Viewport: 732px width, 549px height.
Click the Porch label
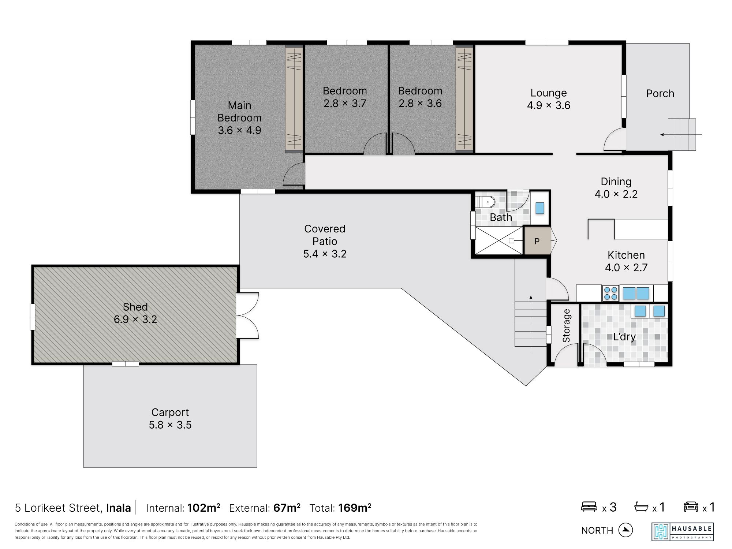pos(660,94)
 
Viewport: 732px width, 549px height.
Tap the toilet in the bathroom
pos(485,202)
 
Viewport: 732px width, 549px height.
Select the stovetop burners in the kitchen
pos(610,293)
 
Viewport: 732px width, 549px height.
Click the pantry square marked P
pos(537,241)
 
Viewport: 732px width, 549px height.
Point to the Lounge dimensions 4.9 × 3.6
pos(549,105)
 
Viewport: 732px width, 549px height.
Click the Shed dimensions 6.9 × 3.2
pos(135,320)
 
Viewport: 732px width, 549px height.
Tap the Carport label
pos(170,412)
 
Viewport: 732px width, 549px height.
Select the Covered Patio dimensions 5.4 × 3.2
pos(325,254)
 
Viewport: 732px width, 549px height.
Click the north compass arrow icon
pos(625,530)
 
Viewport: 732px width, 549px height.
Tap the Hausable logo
pos(683,532)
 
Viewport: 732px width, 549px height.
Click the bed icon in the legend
pos(589,507)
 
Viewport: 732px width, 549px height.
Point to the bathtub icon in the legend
pos(641,507)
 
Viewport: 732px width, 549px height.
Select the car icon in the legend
pos(691,507)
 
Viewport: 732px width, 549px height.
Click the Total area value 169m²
pos(355,508)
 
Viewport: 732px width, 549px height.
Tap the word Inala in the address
pos(119,508)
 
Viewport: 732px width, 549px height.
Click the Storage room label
pos(567,326)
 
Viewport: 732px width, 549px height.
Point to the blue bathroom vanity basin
pos(540,208)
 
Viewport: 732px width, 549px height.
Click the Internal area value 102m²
pos(203,508)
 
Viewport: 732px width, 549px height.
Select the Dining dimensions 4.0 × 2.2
pos(616,194)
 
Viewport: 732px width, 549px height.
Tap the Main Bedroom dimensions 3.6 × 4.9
pos(240,130)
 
